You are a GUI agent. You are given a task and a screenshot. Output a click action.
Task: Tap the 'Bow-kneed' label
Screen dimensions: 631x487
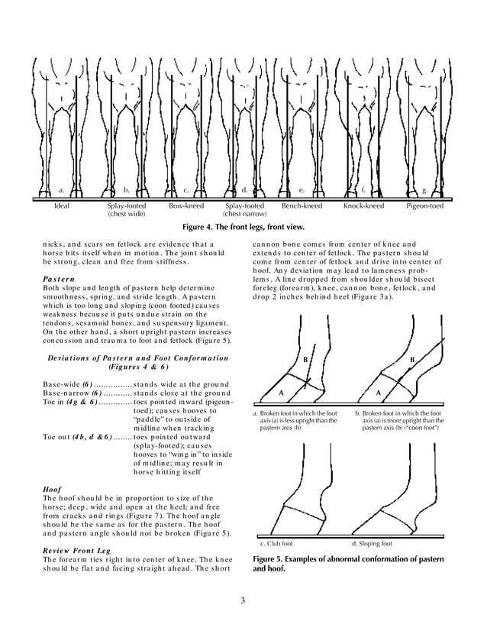coord(185,206)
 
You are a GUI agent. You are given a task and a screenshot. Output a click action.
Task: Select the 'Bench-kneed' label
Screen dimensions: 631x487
coord(302,206)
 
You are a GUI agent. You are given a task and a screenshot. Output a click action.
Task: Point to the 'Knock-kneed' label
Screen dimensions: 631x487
coord(363,206)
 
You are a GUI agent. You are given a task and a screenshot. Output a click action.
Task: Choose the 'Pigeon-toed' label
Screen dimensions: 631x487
coord(425,206)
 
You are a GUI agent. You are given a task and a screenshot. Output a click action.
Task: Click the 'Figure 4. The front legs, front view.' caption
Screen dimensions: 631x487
coord(243,228)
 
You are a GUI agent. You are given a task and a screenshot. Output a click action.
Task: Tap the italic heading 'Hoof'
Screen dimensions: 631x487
coord(50,488)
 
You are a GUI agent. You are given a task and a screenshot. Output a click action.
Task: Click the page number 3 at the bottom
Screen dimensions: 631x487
coord(243,599)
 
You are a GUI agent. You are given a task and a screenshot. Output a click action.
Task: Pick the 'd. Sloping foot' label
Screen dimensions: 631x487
coord(372,544)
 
